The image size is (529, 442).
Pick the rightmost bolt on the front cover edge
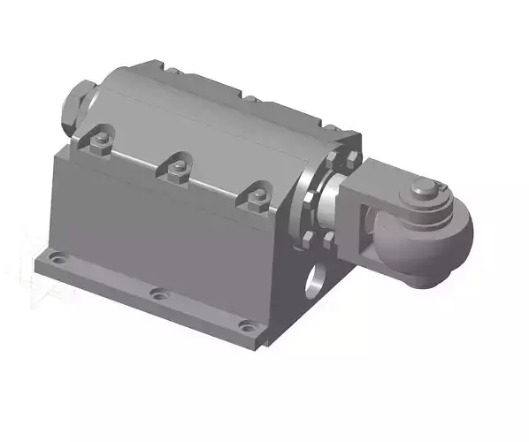click(x=256, y=199)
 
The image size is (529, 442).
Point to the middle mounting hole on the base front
click(x=157, y=293)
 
